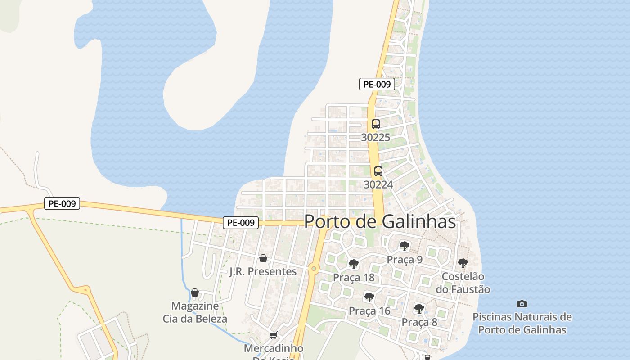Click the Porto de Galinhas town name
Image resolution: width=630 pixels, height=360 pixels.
point(380,221)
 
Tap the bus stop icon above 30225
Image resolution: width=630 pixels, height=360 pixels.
point(376,124)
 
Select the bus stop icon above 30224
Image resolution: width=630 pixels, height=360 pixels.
point(378,171)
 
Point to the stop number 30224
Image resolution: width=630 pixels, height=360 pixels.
point(378,184)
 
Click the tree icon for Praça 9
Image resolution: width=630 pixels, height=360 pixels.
point(404,246)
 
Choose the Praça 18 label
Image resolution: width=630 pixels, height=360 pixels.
point(354,277)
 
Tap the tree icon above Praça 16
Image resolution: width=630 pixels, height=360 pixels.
point(369,297)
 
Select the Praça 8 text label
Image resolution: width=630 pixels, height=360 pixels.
point(419,322)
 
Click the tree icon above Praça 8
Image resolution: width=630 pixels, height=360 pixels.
point(419,309)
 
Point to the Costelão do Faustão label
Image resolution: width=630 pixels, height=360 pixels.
point(463,283)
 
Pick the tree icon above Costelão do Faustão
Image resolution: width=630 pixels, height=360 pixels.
point(463,263)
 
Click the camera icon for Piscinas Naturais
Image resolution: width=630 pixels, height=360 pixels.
point(522,304)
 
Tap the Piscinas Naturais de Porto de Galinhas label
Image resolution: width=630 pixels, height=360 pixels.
point(522,323)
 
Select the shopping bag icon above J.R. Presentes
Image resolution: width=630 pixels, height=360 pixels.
point(263,258)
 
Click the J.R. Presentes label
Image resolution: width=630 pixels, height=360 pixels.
point(263,271)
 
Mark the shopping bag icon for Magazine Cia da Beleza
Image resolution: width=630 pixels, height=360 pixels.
point(195,293)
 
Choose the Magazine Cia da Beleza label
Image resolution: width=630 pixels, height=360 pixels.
point(195,312)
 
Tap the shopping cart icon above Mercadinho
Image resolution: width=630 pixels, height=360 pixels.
point(273,335)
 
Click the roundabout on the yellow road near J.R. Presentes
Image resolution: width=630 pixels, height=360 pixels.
point(314,269)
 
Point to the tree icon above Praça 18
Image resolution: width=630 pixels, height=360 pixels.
point(354,264)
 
